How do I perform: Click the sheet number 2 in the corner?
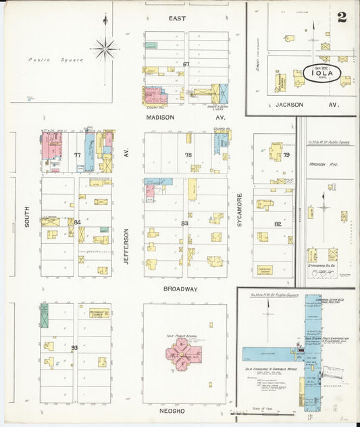[342, 17]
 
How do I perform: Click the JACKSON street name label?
[289, 105]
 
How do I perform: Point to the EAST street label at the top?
[177, 18]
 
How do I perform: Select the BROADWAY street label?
[180, 288]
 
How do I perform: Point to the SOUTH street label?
[28, 216]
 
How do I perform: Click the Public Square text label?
[56, 59]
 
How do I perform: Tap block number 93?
[74, 348]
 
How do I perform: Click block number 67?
[186, 64]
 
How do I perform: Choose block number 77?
[77, 155]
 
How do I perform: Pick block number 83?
[184, 223]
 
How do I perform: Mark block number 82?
[277, 223]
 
